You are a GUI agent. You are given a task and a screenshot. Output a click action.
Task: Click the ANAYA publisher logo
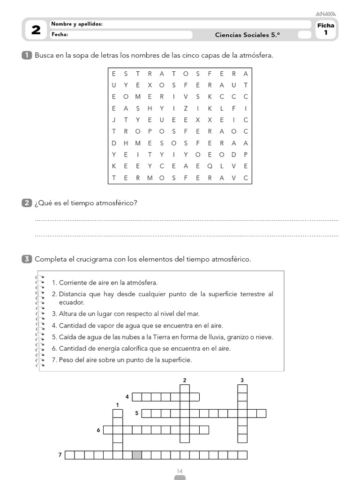326,14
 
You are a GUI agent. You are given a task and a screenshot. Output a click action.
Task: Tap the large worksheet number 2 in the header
36,30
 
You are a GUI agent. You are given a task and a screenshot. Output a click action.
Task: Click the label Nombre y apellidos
77,24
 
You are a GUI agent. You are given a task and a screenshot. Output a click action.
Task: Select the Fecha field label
60,34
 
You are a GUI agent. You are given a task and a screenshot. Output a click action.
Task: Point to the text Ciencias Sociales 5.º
248,35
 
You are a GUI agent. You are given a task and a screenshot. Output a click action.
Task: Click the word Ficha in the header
326,25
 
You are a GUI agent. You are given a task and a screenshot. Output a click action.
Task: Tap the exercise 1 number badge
27,55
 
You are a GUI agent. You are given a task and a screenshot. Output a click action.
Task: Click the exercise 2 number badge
27,202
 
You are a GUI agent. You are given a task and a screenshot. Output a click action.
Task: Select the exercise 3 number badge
27,259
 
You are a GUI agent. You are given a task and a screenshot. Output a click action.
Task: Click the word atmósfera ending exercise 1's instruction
256,55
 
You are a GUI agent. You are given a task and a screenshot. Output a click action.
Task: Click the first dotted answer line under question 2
187,220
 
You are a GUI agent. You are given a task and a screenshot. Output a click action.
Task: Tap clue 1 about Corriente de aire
105,283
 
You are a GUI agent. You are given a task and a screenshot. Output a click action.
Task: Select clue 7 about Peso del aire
122,360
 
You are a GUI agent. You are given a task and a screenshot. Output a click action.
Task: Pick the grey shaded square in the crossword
137,455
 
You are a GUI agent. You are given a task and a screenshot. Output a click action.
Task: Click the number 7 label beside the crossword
60,455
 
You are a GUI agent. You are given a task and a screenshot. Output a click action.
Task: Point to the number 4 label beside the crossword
127,397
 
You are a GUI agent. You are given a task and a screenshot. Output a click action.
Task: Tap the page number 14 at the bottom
180,471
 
